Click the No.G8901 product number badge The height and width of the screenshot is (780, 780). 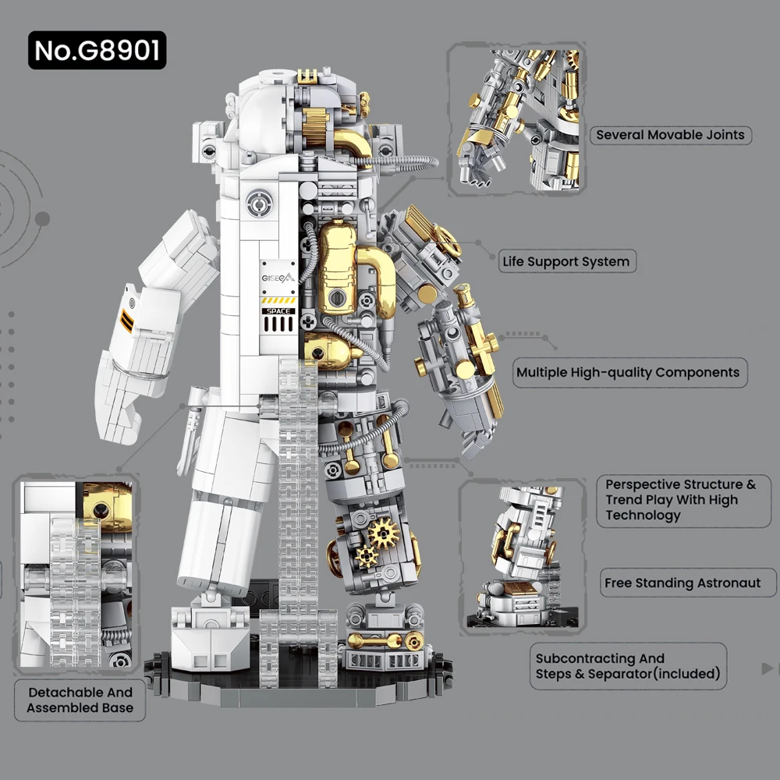click(x=97, y=51)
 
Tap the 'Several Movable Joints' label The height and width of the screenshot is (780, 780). click(x=670, y=135)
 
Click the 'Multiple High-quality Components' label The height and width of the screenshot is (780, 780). click(x=628, y=372)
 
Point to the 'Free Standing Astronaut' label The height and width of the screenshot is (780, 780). click(x=682, y=583)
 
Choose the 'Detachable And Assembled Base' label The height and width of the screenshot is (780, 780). click(x=80, y=700)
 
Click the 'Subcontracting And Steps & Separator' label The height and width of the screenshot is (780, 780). click(x=627, y=666)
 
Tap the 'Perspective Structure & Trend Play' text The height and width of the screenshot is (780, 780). click(x=680, y=500)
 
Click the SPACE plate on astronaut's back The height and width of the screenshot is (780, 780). click(x=278, y=311)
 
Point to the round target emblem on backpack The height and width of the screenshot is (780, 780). click(x=257, y=204)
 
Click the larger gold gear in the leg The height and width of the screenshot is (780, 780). click(x=383, y=534)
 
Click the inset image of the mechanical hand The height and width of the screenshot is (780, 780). click(x=516, y=121)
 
